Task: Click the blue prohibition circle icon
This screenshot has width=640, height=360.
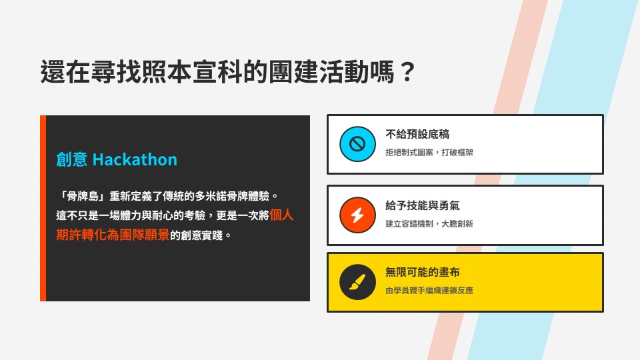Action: click(x=358, y=144)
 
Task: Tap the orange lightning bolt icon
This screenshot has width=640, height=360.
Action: click(x=358, y=215)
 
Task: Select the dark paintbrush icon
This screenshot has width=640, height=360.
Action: click(x=358, y=281)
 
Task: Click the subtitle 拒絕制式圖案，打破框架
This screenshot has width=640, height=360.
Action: click(x=429, y=153)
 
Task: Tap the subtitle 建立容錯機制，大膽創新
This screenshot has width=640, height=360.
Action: click(x=429, y=223)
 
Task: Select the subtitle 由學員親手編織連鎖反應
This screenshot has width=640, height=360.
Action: click(x=429, y=291)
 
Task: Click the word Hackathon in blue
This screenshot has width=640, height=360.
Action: click(x=135, y=160)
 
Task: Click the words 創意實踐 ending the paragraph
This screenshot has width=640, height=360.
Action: click(x=205, y=235)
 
